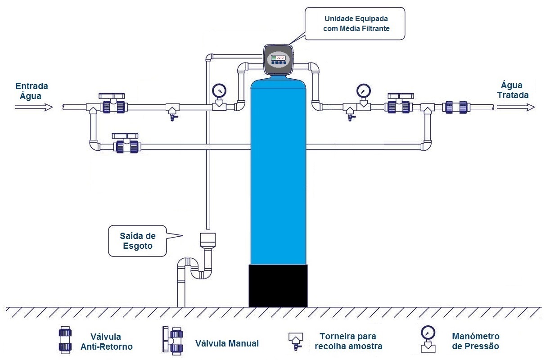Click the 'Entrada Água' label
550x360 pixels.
[32, 90]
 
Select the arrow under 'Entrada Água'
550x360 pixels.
[34, 107]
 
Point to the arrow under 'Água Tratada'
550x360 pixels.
[515, 107]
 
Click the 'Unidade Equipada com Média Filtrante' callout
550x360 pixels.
[353, 24]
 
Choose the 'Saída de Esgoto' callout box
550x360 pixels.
[137, 241]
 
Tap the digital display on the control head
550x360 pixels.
[278, 58]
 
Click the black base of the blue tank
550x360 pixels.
[278, 286]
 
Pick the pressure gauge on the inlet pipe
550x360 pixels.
[219, 90]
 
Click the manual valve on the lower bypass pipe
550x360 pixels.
[126, 144]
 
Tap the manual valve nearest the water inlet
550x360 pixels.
[113, 105]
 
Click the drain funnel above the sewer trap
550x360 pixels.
[207, 239]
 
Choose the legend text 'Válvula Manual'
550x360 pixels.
[227, 343]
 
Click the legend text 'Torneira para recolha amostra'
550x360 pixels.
[348, 341]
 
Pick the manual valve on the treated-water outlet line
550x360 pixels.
[399, 105]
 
